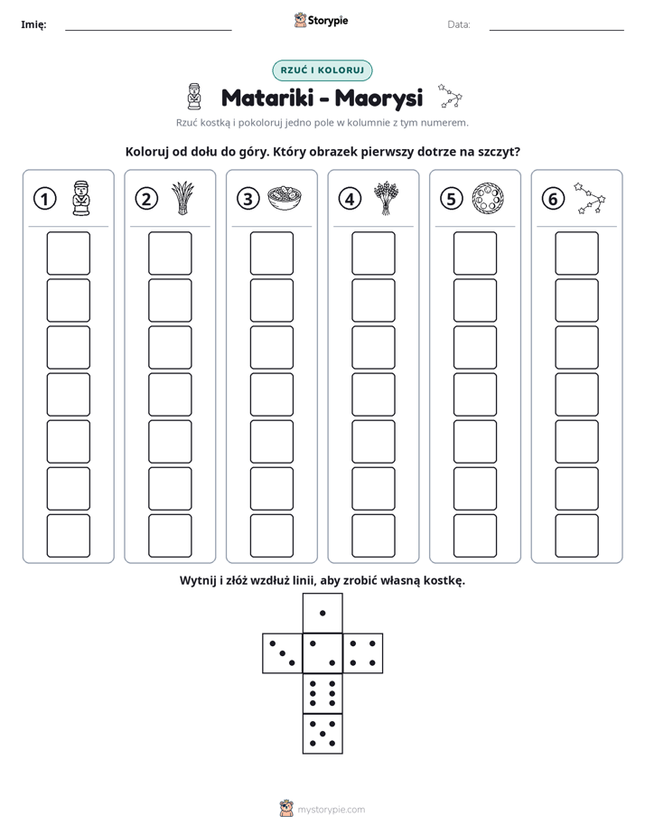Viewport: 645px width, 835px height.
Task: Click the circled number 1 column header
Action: (x=44, y=199)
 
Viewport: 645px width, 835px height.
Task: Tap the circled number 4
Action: (x=350, y=199)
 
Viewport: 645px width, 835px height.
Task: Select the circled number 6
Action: (x=553, y=199)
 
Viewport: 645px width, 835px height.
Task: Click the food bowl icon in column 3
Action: (x=285, y=198)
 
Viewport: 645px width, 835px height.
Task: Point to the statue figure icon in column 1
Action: (x=81, y=198)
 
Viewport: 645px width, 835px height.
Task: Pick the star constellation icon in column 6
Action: (x=590, y=198)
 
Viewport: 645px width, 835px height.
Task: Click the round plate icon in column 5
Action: (x=488, y=198)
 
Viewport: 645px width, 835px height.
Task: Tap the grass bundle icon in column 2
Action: (x=182, y=198)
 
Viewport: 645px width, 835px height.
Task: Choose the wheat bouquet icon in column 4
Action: (x=386, y=198)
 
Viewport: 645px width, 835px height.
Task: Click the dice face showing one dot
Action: (x=322, y=613)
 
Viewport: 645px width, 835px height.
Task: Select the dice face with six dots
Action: (x=322, y=693)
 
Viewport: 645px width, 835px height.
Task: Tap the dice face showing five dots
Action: (x=322, y=733)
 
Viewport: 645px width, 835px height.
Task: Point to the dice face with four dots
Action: (x=363, y=652)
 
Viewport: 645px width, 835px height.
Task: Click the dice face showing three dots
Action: (x=283, y=652)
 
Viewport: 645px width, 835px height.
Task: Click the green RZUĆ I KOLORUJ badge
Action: (x=322, y=70)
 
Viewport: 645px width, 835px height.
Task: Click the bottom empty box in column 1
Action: (x=68, y=536)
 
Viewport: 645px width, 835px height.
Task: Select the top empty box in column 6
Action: (x=577, y=253)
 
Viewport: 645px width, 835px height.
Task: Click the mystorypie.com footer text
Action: (x=331, y=810)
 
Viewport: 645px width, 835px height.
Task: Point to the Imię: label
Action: (x=33, y=24)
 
